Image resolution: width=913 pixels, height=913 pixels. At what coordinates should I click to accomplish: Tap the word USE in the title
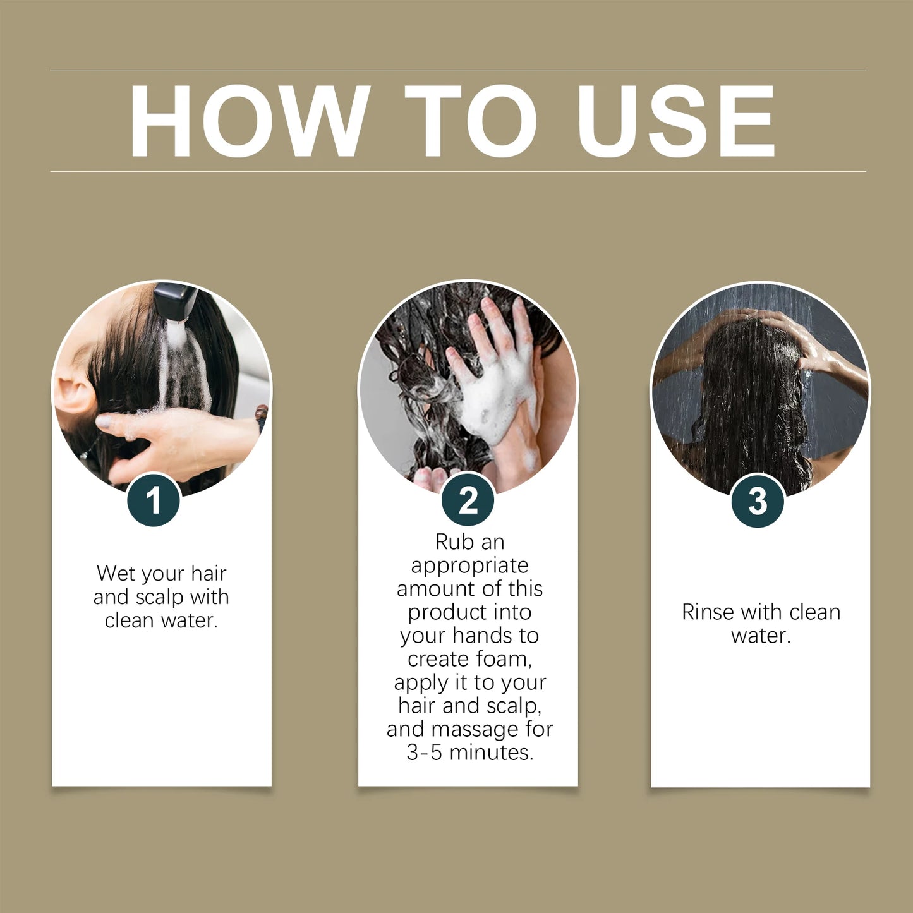click(x=675, y=121)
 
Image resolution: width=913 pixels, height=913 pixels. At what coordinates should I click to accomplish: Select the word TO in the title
click(x=471, y=121)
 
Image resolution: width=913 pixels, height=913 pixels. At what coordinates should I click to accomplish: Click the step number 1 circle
click(x=154, y=501)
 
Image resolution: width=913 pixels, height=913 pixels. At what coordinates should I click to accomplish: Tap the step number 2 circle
click(x=468, y=500)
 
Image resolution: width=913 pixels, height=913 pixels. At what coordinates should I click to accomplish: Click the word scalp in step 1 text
click(x=160, y=597)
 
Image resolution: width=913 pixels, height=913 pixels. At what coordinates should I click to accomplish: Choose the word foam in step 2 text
click(x=503, y=659)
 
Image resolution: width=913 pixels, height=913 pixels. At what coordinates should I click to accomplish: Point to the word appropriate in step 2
click(x=469, y=565)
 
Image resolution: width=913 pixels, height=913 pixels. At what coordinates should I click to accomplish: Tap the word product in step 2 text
click(x=447, y=612)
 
